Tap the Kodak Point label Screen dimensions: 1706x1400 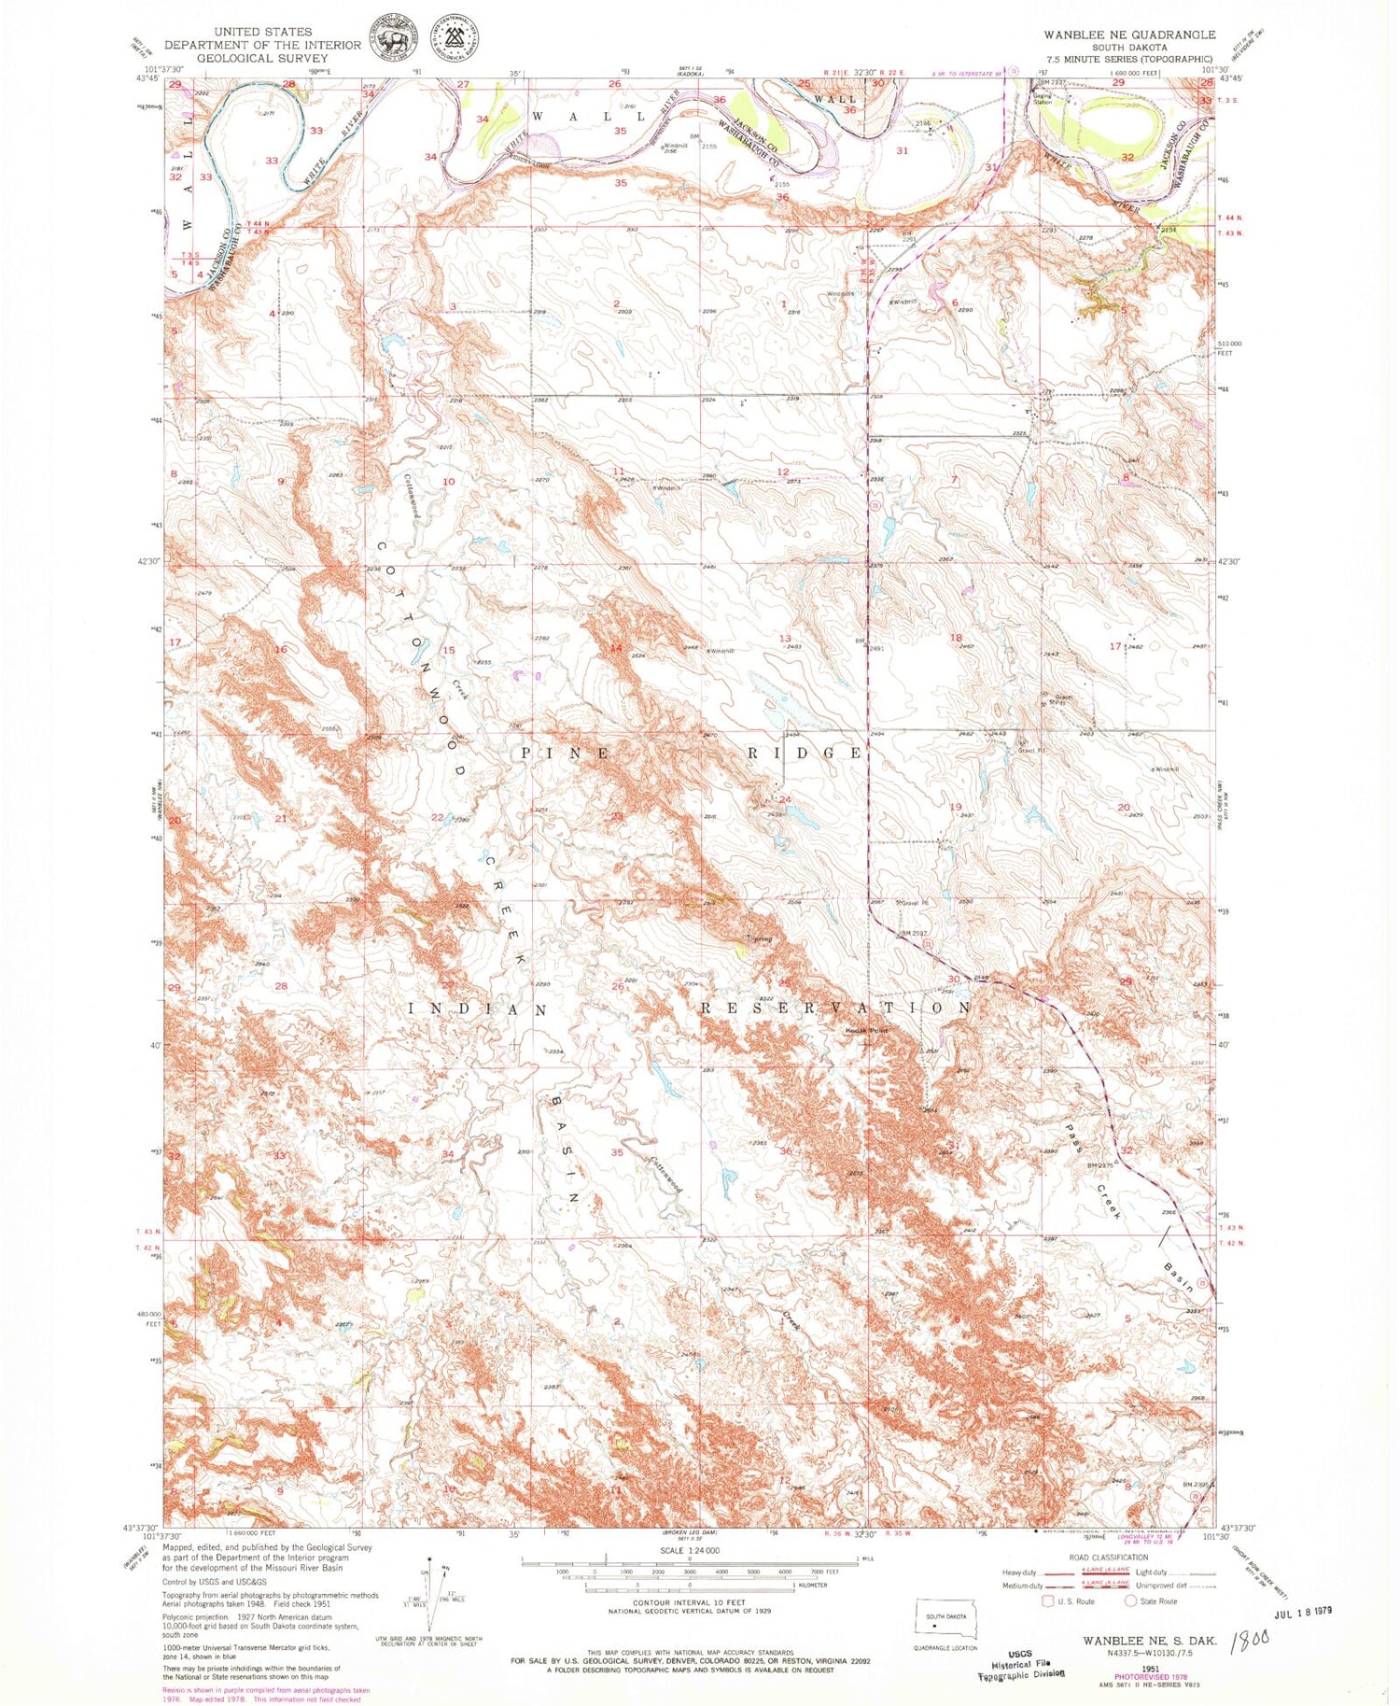tap(866, 1030)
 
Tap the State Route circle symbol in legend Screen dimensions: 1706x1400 tap(1132, 1600)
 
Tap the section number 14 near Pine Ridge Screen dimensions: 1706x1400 tap(615, 648)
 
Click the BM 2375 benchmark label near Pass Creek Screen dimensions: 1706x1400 tap(1102, 1165)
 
